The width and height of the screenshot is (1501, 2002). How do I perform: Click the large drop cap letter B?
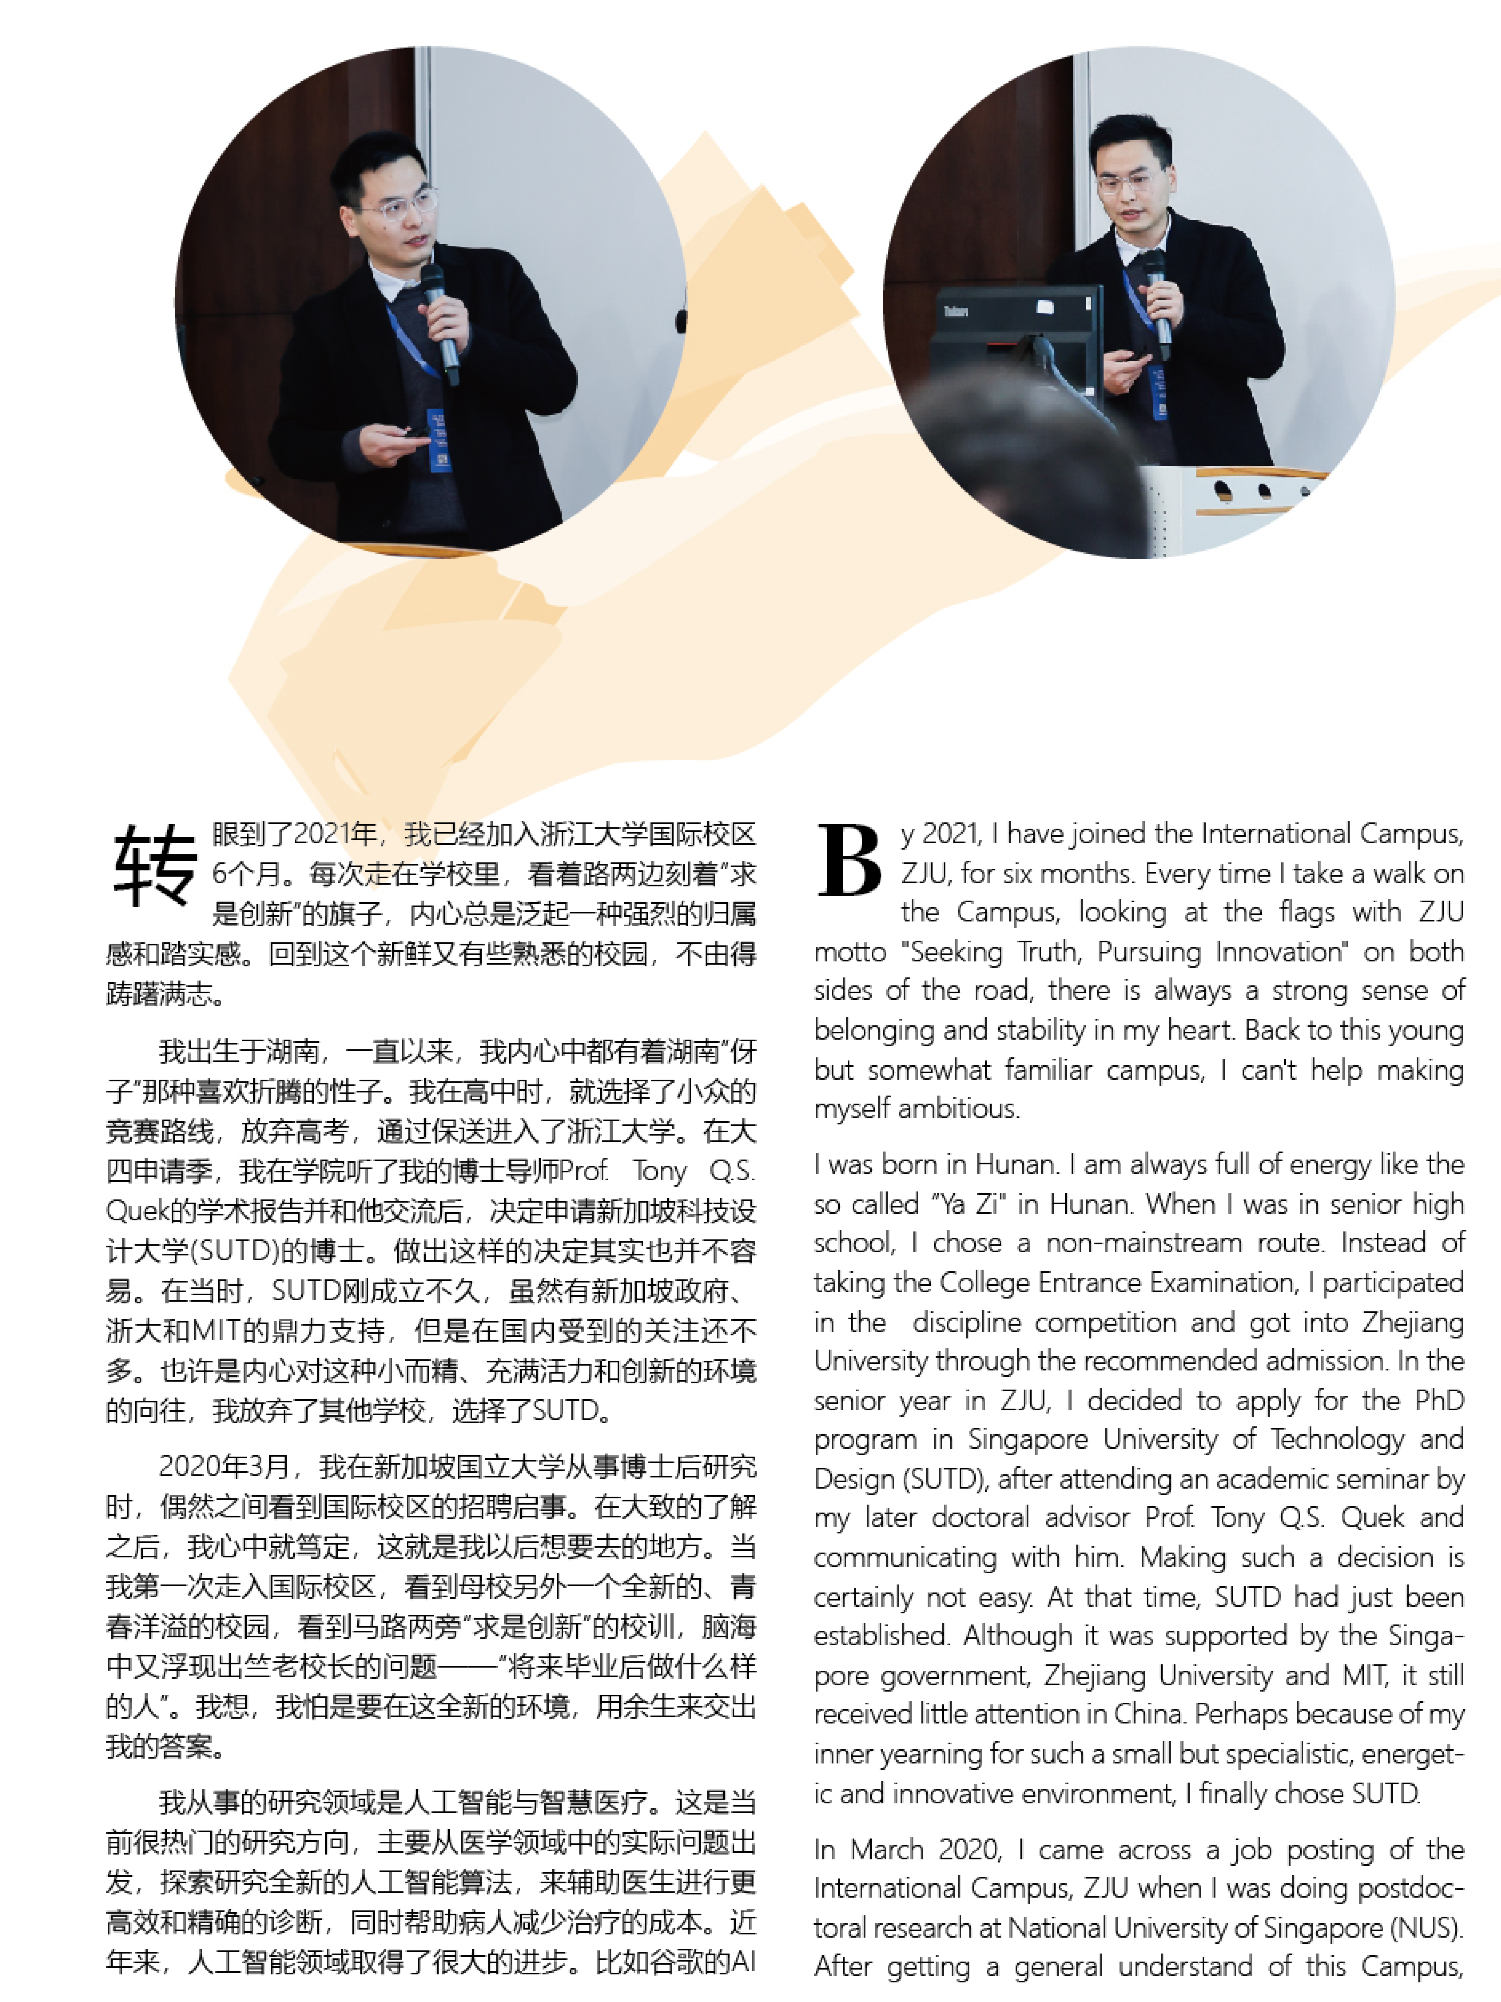(849, 860)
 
